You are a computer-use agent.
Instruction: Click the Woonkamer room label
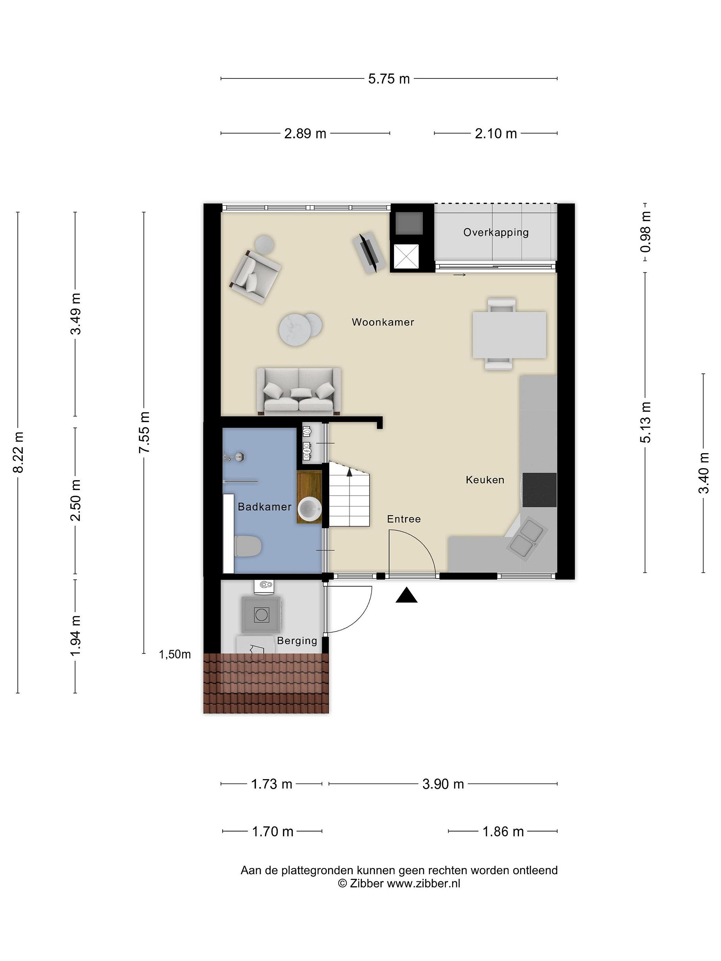pos(383,322)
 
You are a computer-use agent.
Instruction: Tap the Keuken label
pos(485,479)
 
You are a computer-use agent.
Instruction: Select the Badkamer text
pos(264,507)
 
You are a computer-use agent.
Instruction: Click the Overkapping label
pos(496,233)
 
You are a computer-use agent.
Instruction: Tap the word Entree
pos(404,519)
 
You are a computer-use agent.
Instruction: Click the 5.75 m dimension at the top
pos(389,79)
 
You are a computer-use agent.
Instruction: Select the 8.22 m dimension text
pos(19,452)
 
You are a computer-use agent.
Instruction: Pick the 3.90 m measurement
pos(443,784)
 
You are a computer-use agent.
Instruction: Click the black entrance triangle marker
pos(406,595)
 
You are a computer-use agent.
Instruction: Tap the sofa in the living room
pos(298,391)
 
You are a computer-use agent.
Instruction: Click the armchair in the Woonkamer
pos(255,276)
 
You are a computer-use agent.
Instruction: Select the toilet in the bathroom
pos(247,546)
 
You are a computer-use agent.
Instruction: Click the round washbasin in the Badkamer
pos(309,509)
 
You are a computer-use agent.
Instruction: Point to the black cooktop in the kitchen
pos(539,490)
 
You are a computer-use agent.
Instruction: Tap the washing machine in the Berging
pos(261,614)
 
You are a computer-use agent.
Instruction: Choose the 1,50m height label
pos(175,654)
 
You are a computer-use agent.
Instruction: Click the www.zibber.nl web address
pos(423,883)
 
